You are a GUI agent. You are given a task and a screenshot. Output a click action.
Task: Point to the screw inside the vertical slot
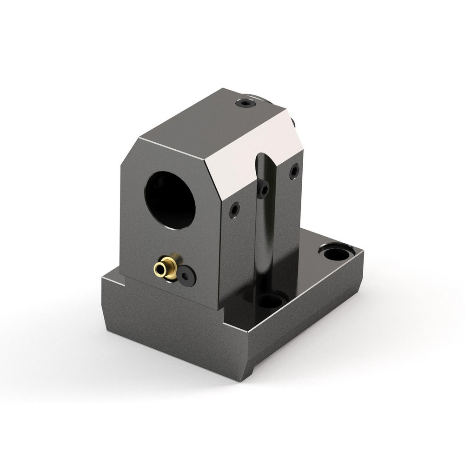tap(264, 189)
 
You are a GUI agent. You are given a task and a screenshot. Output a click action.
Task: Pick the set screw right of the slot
tap(294, 172)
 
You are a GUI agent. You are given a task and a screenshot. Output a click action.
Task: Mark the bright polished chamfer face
tap(251, 149)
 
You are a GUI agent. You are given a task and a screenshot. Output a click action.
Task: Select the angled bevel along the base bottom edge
tap(181, 367)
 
